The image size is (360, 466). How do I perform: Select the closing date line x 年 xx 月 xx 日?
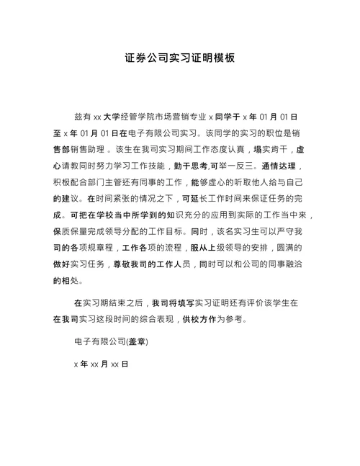point(101,364)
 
